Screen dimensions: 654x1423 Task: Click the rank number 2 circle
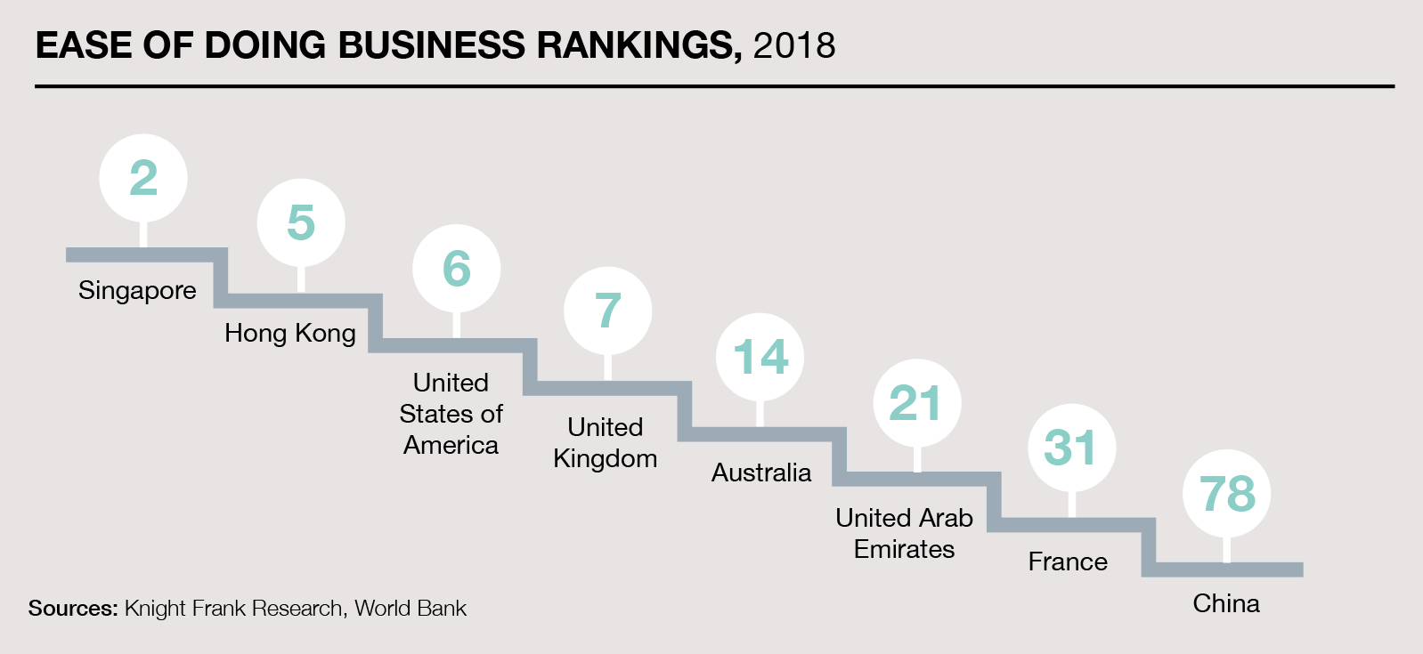(143, 178)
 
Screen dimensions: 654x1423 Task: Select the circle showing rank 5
(301, 222)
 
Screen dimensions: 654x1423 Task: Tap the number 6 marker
(456, 268)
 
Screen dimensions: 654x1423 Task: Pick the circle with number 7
(607, 311)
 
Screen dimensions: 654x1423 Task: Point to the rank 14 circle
(760, 357)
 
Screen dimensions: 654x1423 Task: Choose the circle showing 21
(916, 403)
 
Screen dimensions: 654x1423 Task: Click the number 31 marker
(1071, 448)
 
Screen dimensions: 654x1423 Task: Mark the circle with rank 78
(1227, 494)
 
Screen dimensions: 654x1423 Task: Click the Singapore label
(137, 291)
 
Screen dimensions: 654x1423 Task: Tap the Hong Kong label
(290, 334)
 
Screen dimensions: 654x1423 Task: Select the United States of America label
(451, 414)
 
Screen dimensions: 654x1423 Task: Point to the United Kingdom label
(606, 443)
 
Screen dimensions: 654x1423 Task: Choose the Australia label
(761, 472)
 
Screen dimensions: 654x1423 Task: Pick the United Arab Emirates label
(904, 533)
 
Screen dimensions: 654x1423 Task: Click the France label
(1068, 561)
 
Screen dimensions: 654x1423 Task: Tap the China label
(1226, 603)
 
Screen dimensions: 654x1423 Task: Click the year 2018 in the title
(794, 46)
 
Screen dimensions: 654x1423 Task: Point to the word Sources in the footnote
(73, 609)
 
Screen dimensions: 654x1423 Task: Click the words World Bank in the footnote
(411, 609)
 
